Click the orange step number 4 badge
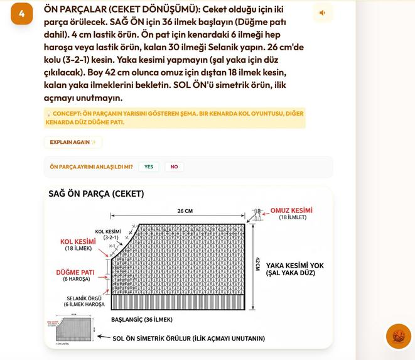(x=21, y=14)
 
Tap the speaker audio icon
(x=322, y=13)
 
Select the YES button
(x=149, y=166)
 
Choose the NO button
(x=174, y=166)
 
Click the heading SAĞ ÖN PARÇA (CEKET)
(x=96, y=194)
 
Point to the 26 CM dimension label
(x=185, y=211)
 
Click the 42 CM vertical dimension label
(x=257, y=264)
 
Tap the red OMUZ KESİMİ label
(x=291, y=210)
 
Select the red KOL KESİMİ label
(x=78, y=241)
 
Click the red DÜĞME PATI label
(x=75, y=272)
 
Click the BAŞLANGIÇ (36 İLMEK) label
(x=142, y=320)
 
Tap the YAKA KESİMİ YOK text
(x=294, y=266)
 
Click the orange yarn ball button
(x=398, y=336)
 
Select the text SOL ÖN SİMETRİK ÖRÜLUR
(x=188, y=338)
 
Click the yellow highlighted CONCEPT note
(x=174, y=117)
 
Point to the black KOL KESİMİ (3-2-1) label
(x=108, y=234)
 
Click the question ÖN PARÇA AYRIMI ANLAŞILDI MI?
(x=91, y=166)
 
